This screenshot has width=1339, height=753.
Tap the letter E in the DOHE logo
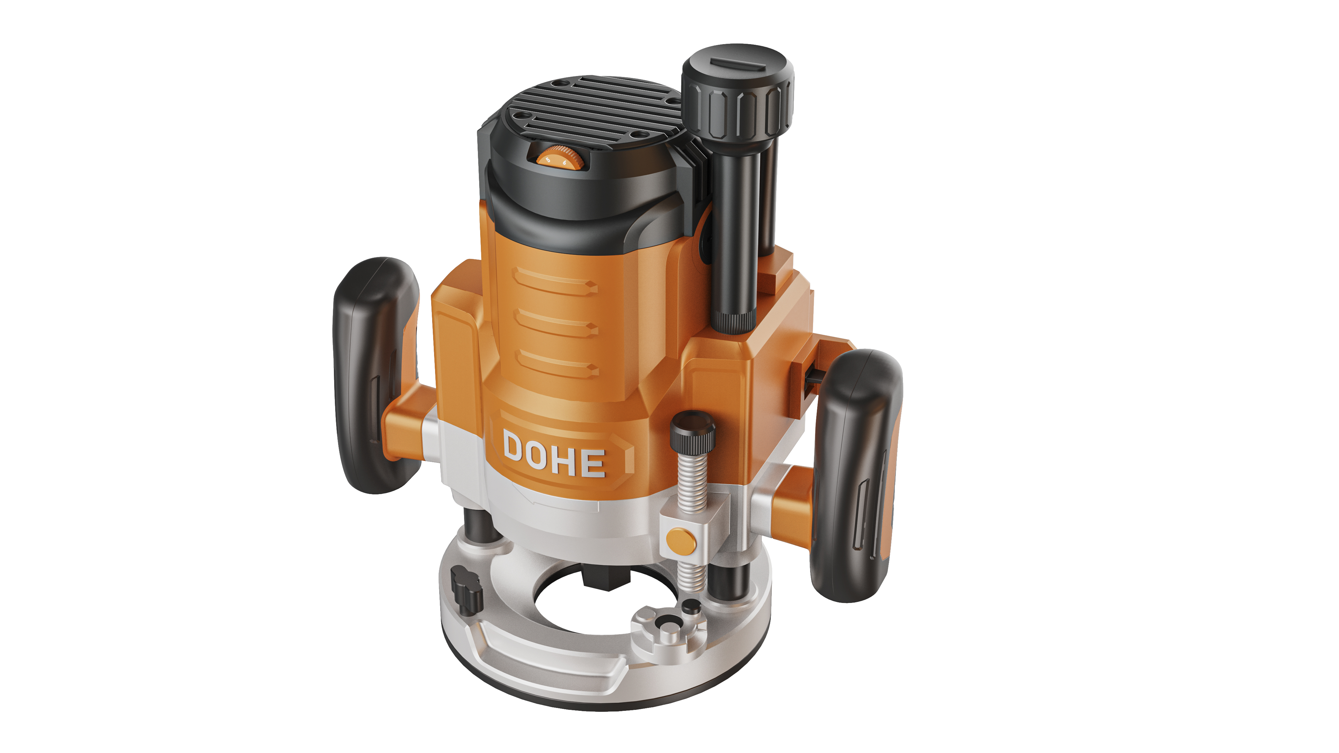[x=593, y=463]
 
